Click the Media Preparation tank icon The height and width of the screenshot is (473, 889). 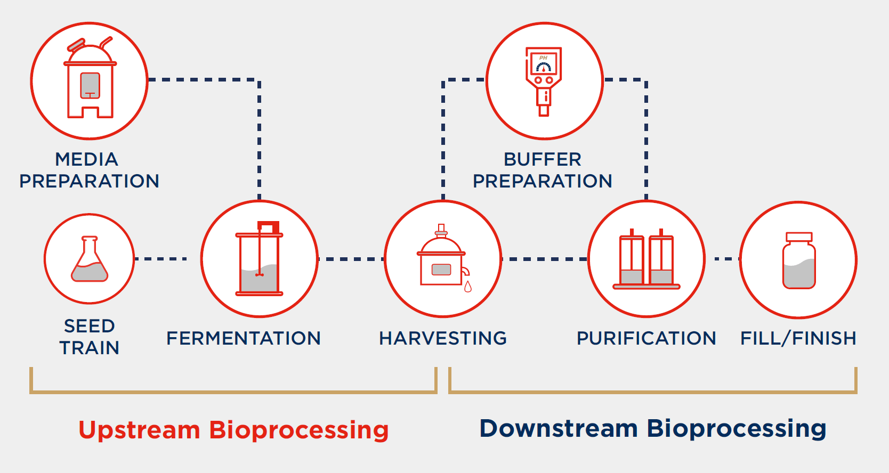click(x=90, y=80)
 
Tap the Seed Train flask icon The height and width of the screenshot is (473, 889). click(x=90, y=259)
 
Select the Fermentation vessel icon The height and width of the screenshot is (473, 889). click(x=260, y=259)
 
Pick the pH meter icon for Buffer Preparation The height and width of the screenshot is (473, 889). click(x=544, y=80)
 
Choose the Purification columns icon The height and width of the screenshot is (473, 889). click(x=646, y=260)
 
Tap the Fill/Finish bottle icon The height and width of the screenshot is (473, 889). click(x=798, y=260)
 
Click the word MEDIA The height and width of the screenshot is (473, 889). click(x=86, y=159)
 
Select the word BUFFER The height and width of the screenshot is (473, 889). click(x=542, y=159)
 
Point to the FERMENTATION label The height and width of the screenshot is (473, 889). click(x=244, y=338)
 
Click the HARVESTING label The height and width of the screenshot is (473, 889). click(x=442, y=338)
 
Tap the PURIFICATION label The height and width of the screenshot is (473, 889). click(x=646, y=338)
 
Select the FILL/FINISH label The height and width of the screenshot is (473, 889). click(x=798, y=338)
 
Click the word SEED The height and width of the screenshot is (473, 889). click(x=90, y=326)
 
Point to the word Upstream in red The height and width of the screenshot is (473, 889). click(x=139, y=430)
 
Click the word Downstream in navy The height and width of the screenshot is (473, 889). click(x=558, y=429)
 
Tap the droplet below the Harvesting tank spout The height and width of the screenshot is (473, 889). click(x=468, y=287)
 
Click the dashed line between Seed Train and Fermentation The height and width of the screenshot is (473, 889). click(x=160, y=259)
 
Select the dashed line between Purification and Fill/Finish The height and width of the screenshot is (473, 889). click(x=724, y=259)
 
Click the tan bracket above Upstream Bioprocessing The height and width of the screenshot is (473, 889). click(x=233, y=392)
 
